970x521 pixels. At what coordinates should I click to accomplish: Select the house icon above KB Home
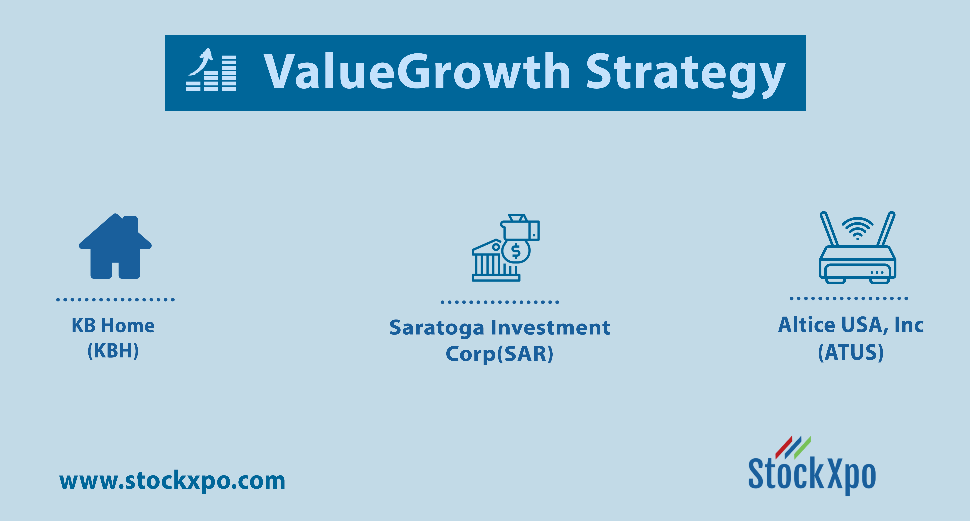[115, 246]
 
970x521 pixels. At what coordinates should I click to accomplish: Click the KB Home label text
[113, 326]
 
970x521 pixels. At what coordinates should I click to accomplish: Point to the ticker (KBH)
[113, 351]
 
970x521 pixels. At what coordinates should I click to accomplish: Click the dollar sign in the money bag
[516, 251]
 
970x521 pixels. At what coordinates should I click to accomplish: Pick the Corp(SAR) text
[499, 354]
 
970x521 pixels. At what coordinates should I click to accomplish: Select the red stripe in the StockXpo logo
[784, 448]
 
